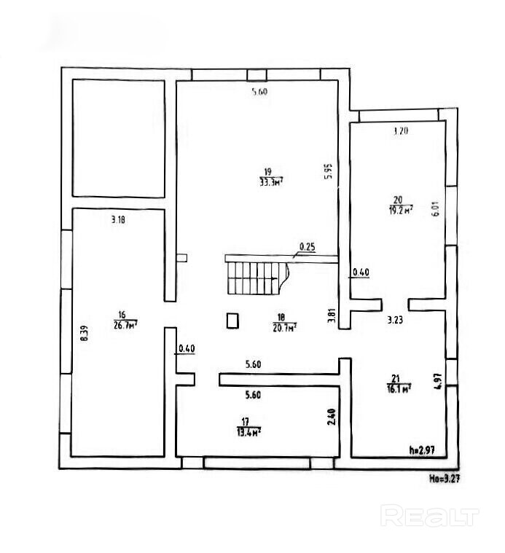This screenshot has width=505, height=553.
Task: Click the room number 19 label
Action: (x=267, y=172)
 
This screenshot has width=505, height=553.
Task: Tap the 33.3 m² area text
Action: (x=271, y=182)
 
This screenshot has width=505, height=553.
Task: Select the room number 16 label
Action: (x=121, y=315)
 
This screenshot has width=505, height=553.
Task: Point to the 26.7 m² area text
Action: (x=125, y=325)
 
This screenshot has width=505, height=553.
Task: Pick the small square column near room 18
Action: (x=233, y=321)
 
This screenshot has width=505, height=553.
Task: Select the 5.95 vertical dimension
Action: (x=329, y=170)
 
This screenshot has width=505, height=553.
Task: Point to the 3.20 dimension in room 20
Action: (x=400, y=132)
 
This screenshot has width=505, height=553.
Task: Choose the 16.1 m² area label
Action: (x=398, y=389)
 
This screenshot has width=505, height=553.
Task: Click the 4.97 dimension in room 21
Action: (x=438, y=383)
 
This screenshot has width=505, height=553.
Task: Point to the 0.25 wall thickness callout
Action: (x=308, y=247)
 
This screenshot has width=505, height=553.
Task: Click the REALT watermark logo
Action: (x=431, y=517)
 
